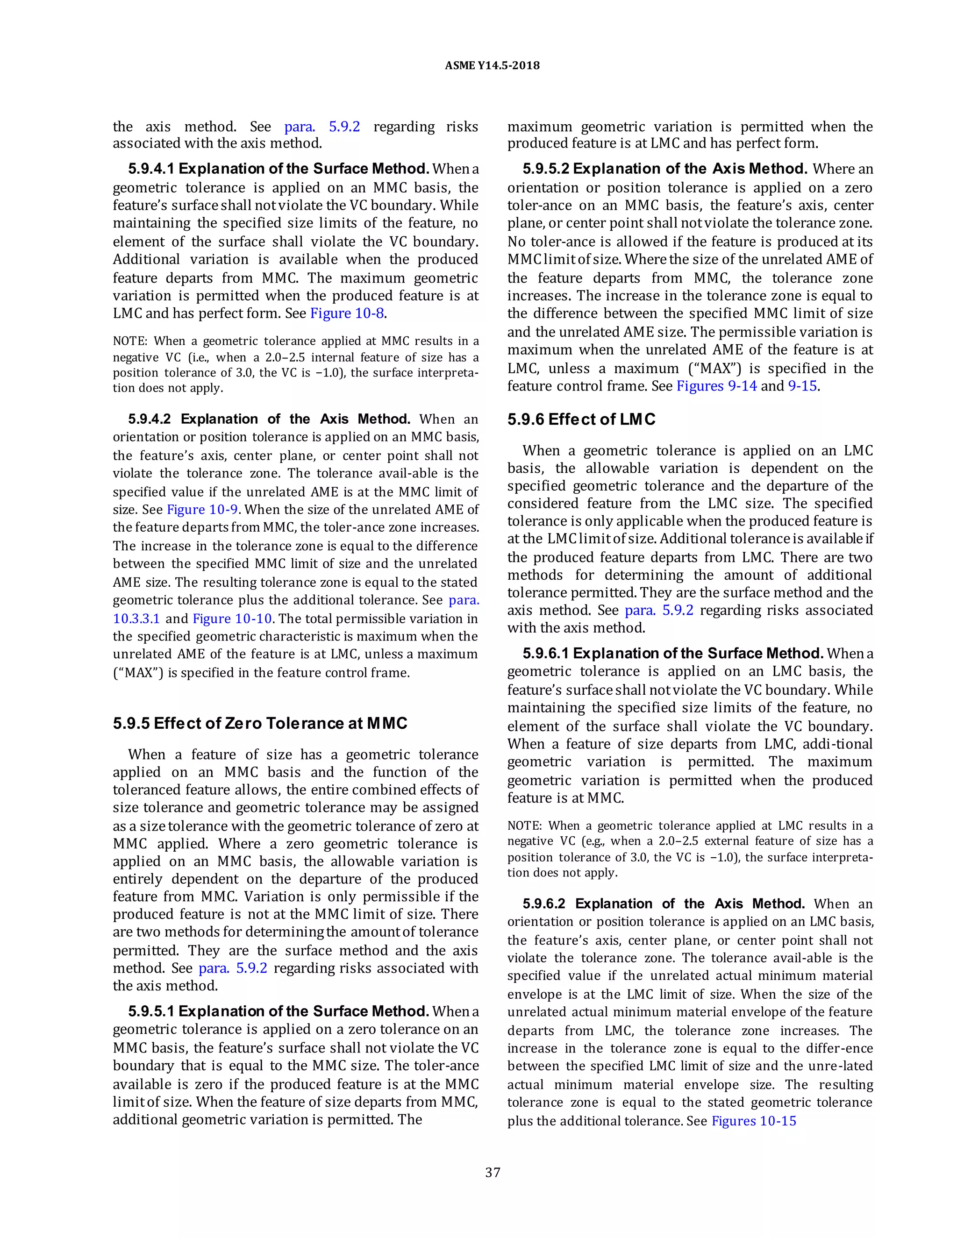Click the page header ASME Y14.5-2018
point(492,66)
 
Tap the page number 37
point(492,1172)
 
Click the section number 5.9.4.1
point(151,169)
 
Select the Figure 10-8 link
point(348,313)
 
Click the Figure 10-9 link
point(202,510)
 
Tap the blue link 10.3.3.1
point(136,619)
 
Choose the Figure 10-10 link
point(232,619)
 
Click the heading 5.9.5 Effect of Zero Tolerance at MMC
point(260,723)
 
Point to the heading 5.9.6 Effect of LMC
point(581,420)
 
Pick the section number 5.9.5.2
point(545,169)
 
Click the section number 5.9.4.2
point(150,419)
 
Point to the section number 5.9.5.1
point(151,1011)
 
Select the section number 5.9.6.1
point(545,654)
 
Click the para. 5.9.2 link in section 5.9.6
point(659,611)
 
